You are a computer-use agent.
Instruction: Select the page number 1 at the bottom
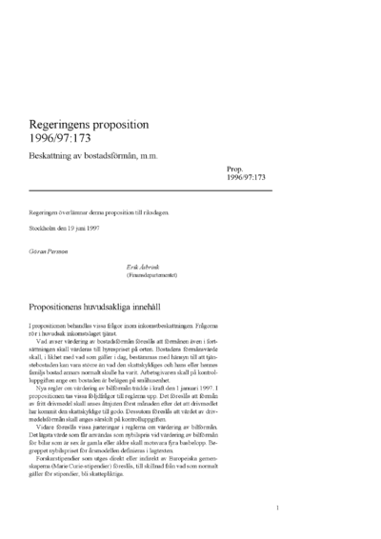click(275, 509)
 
